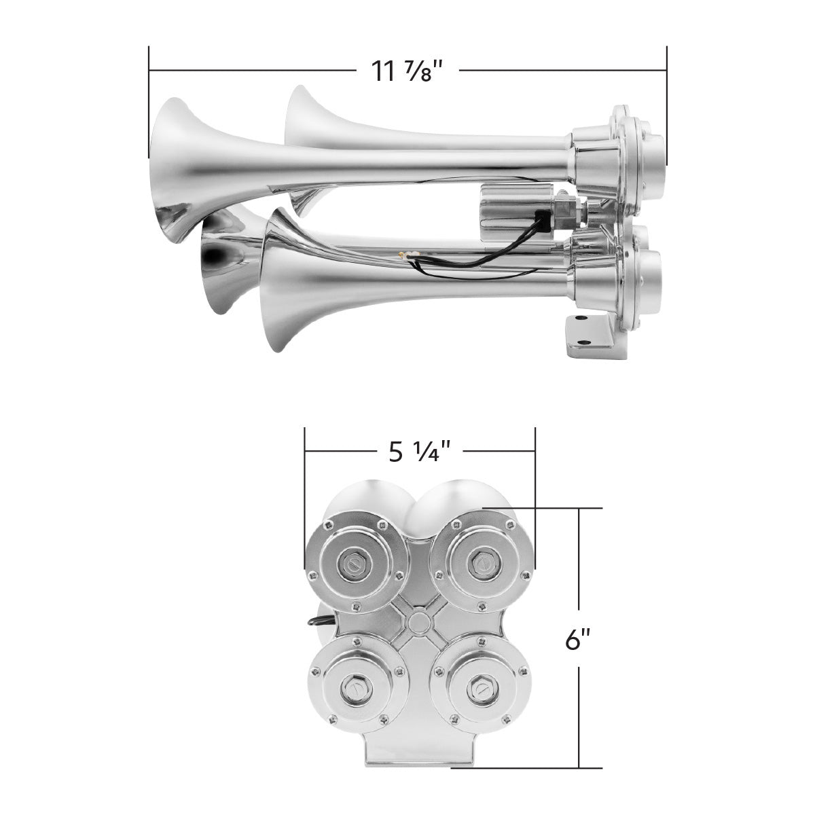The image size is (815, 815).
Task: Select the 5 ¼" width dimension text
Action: (420, 451)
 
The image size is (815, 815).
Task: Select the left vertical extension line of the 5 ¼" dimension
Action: (305, 499)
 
